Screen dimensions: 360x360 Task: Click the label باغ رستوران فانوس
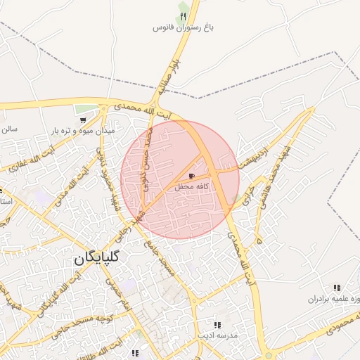(183, 28)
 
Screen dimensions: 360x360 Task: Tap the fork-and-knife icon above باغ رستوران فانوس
(183, 16)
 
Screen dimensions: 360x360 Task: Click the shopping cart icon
(84, 120)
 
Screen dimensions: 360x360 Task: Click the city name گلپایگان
(97, 258)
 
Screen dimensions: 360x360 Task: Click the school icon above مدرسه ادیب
(217, 325)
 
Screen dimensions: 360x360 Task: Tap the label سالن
(8, 129)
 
